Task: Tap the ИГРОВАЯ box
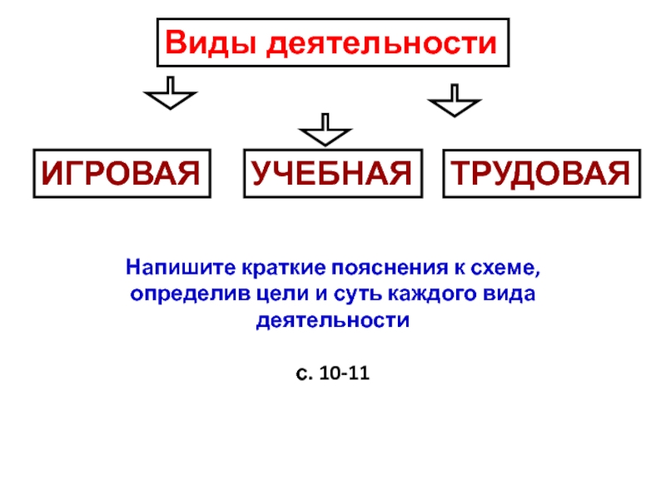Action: [122, 174]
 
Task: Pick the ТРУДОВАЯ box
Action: [541, 174]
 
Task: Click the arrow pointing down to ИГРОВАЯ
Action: [170, 94]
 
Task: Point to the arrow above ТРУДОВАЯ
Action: [454, 101]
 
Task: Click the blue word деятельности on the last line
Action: [333, 321]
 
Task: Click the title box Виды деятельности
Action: [333, 42]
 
